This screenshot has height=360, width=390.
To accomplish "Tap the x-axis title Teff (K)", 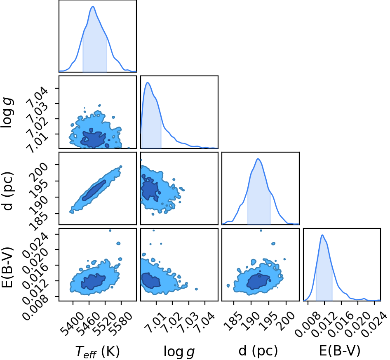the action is [97, 351].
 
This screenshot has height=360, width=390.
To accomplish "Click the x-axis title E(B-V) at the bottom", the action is [339, 351].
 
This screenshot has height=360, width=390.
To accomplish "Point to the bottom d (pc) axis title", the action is [258, 351].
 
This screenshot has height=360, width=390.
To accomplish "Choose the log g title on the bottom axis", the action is [179, 351].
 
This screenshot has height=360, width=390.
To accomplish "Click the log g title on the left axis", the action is [7, 113].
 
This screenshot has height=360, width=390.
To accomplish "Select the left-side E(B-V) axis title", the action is [7, 268].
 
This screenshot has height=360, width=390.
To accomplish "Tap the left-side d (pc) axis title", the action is [7, 191].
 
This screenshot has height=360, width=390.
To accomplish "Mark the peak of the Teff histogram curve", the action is [93, 7].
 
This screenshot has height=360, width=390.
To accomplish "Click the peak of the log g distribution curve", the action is [148, 82].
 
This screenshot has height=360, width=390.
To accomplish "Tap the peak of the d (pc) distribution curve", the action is [258, 159].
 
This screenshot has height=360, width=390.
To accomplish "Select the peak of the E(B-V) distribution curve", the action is [322, 235].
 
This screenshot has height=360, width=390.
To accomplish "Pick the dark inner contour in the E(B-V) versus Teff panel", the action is [93, 282].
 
